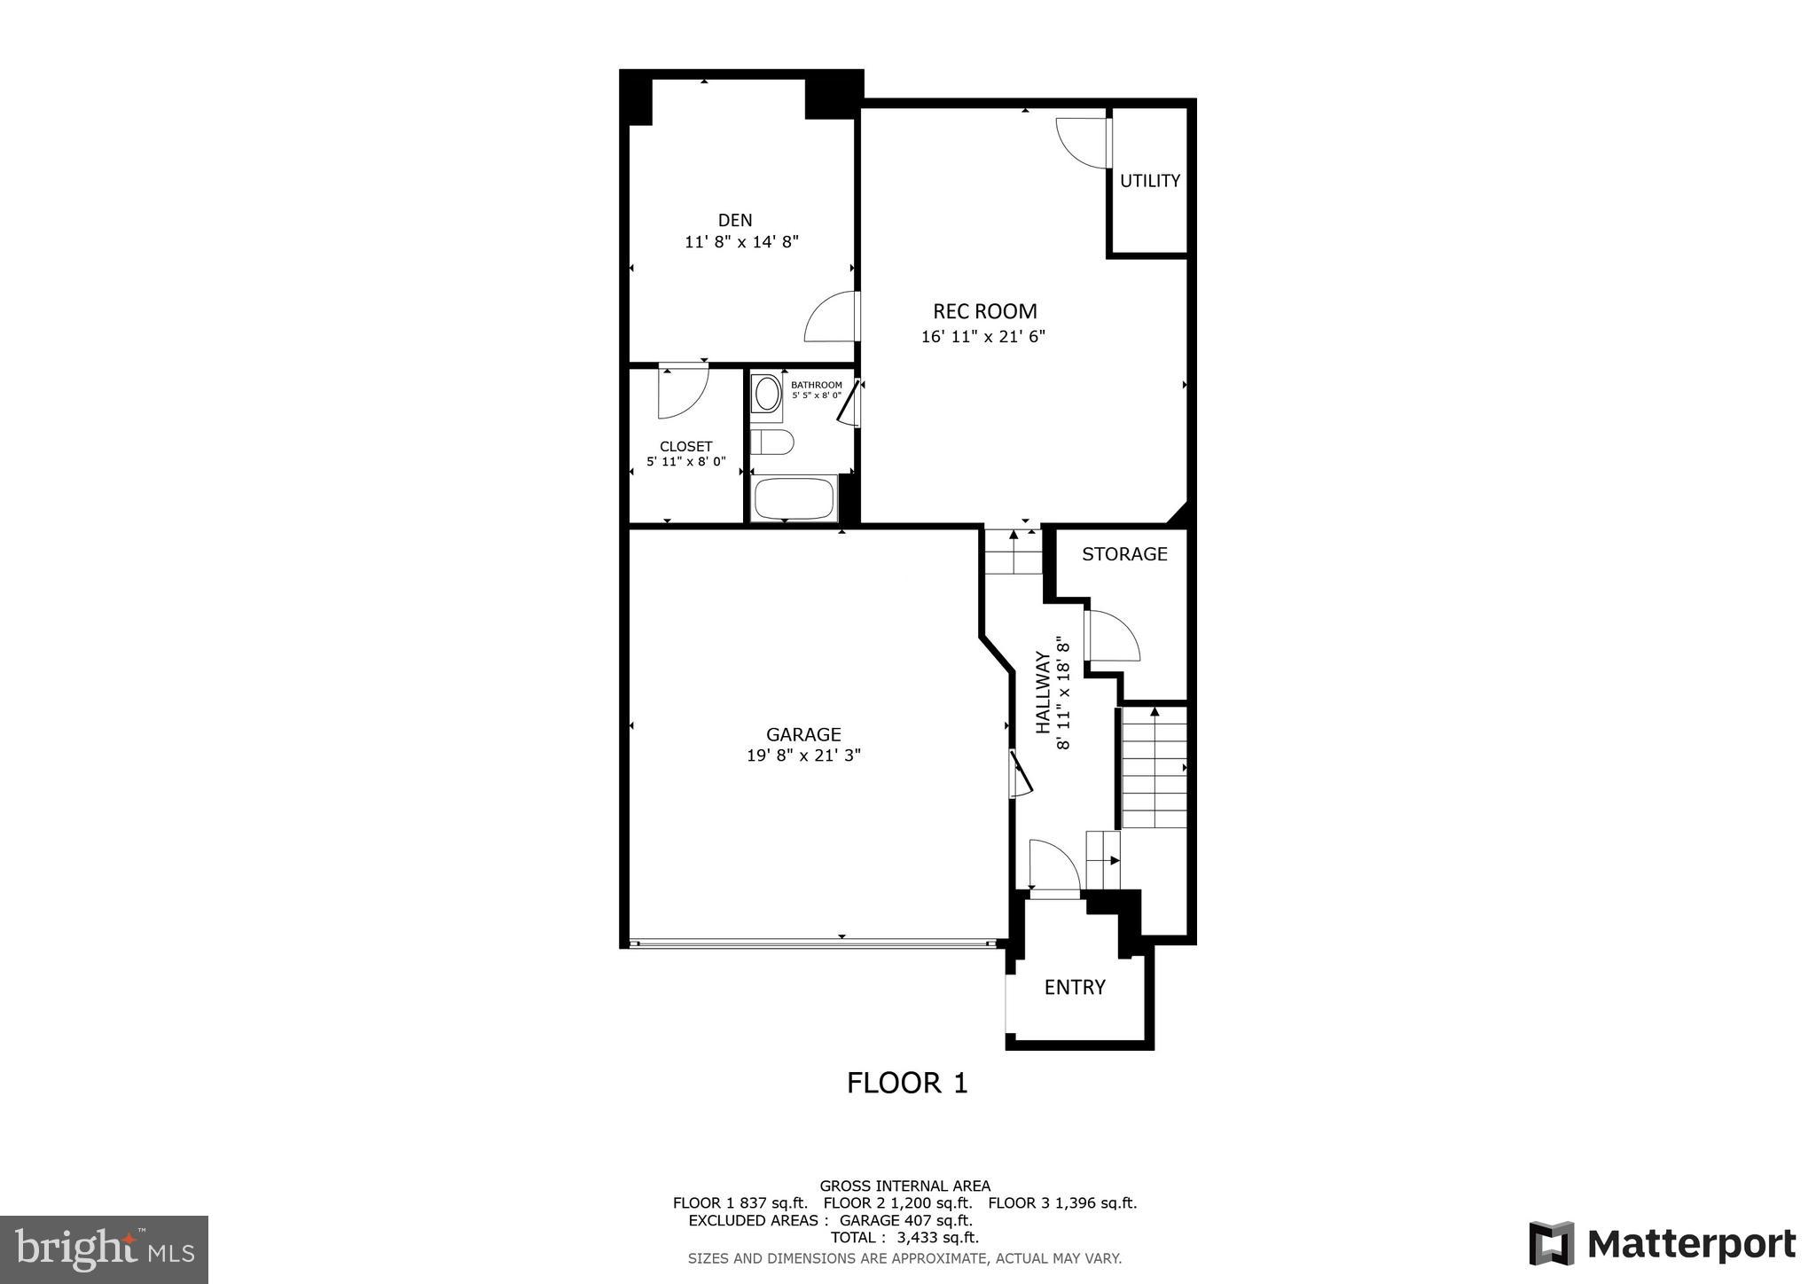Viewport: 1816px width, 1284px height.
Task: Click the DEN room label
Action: pyautogui.click(x=734, y=220)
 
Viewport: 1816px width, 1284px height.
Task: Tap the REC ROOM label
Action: pyautogui.click(x=984, y=311)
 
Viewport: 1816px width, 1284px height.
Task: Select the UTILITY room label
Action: pyautogui.click(x=1149, y=181)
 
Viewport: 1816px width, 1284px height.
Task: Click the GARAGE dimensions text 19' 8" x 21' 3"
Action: pyautogui.click(x=803, y=756)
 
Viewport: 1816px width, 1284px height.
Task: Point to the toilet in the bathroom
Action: pyautogui.click(x=771, y=442)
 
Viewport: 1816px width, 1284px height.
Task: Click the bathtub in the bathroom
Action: pyautogui.click(x=794, y=499)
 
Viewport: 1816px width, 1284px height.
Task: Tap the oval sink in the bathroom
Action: pyautogui.click(x=767, y=393)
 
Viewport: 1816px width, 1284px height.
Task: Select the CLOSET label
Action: pyautogui.click(x=685, y=446)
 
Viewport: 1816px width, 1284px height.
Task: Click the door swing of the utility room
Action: pyautogui.click(x=1082, y=142)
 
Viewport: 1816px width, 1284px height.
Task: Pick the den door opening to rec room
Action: pyautogui.click(x=832, y=317)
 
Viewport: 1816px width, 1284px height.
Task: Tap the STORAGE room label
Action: pyautogui.click(x=1124, y=554)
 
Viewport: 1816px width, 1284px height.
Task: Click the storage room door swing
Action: pyautogui.click(x=1113, y=636)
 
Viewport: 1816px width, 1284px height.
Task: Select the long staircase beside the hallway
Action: pyautogui.click(x=1154, y=768)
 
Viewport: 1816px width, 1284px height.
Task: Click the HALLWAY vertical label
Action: pyautogui.click(x=1053, y=693)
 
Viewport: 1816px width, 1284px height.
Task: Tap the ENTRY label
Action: pyautogui.click(x=1075, y=987)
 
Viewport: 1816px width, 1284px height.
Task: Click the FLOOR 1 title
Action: pyautogui.click(x=907, y=1083)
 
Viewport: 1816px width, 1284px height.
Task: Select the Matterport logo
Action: pyautogui.click(x=1663, y=1244)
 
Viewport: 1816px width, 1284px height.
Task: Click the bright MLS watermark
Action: pyautogui.click(x=105, y=1250)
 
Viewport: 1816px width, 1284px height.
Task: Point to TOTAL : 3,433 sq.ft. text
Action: pyautogui.click(x=904, y=1237)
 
